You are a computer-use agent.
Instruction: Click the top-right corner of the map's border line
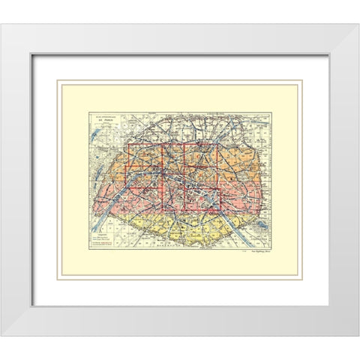click(271, 112)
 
